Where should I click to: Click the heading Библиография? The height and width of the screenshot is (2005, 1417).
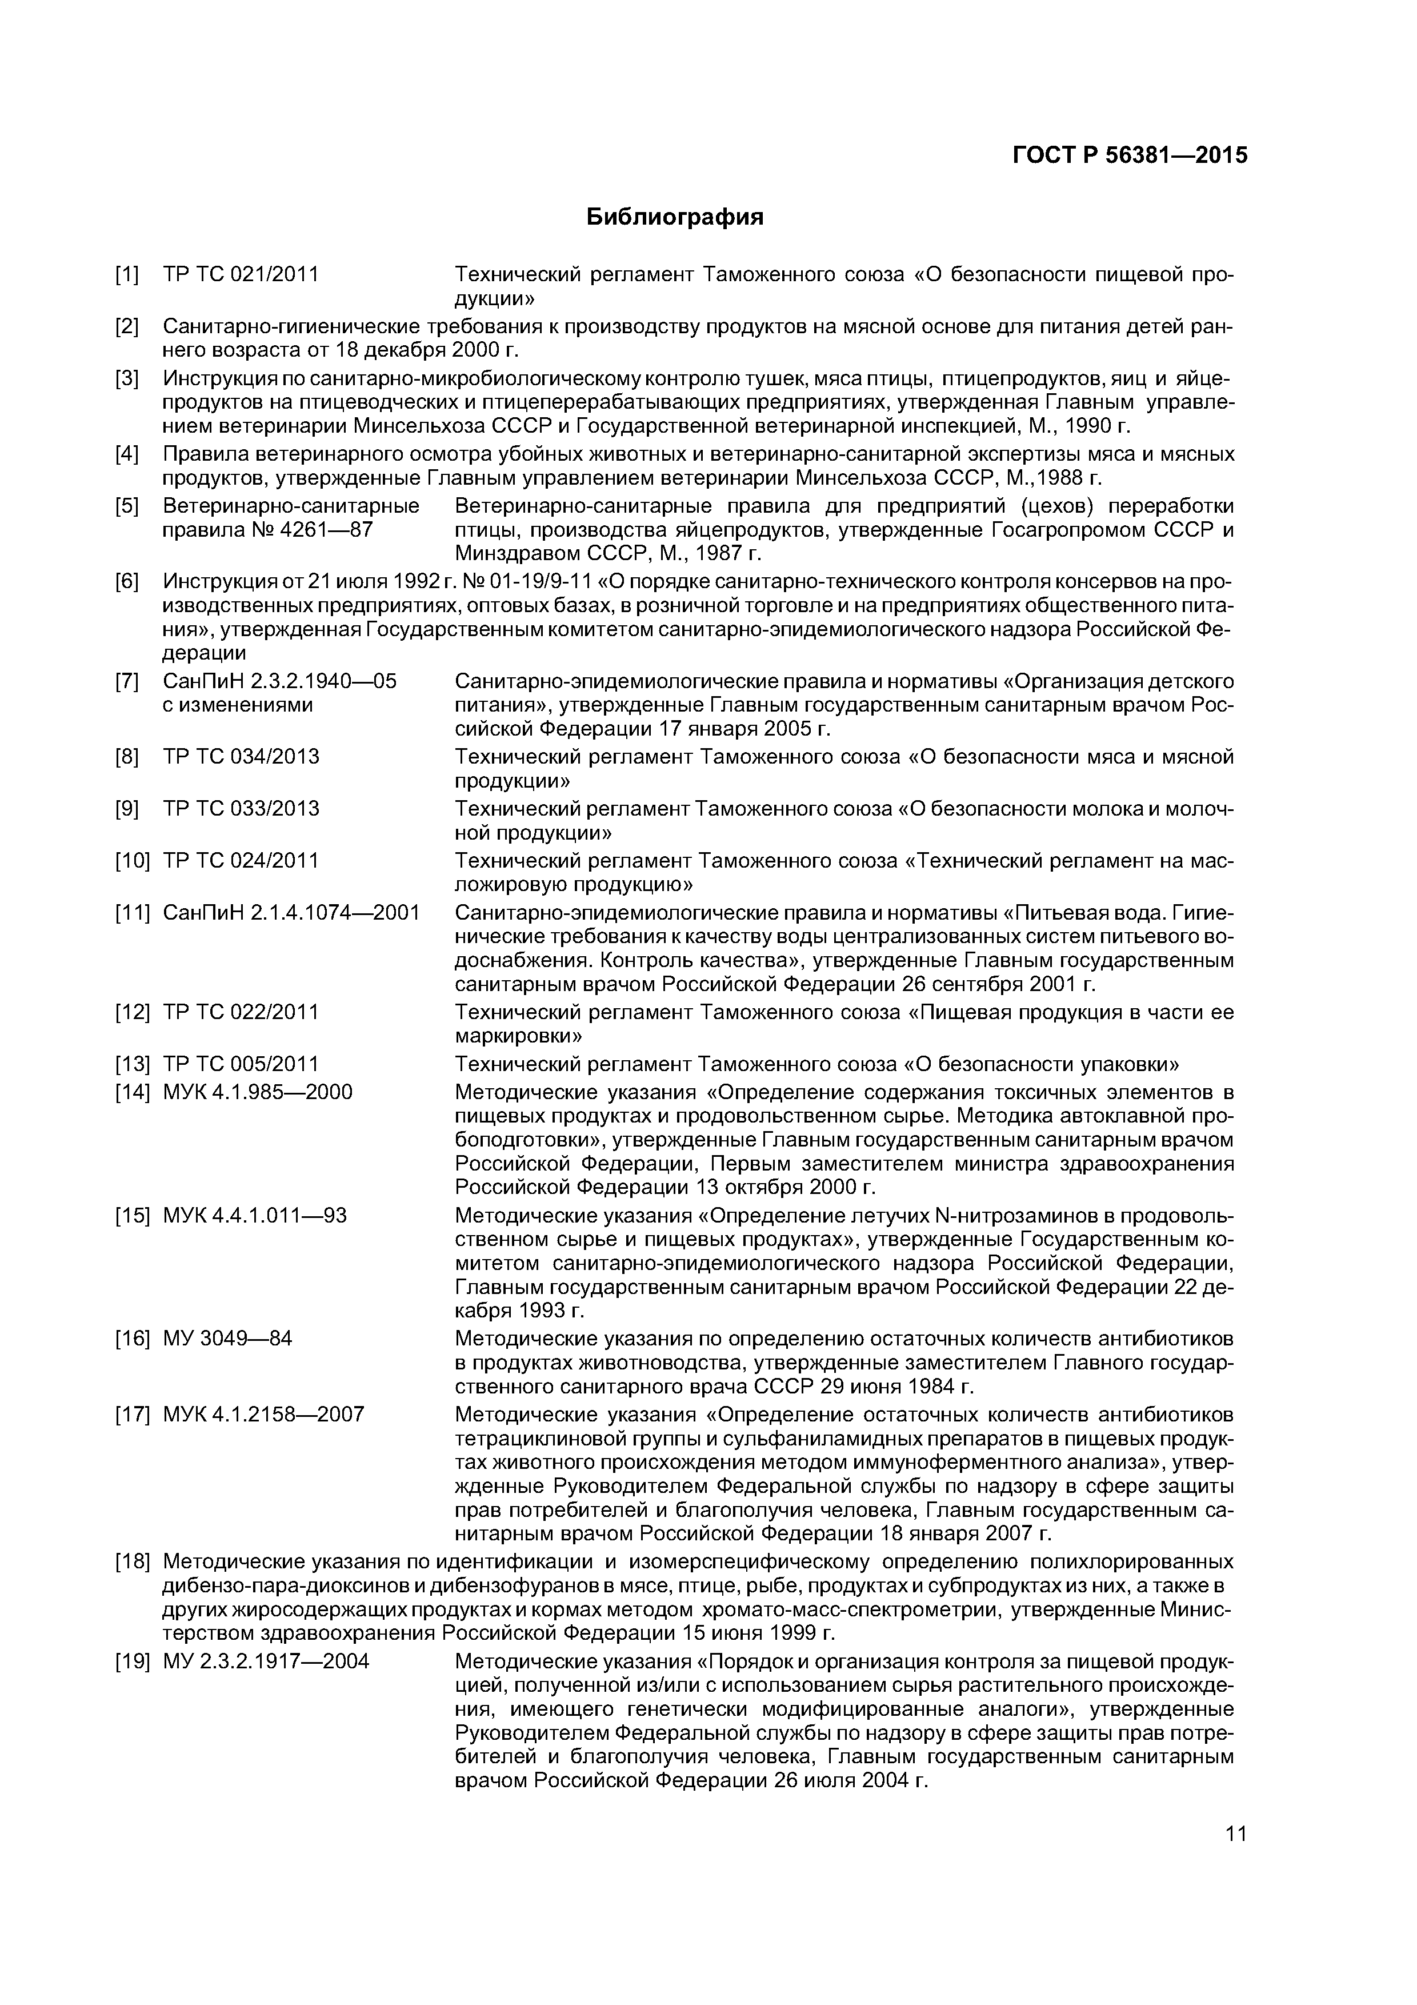pos(674,217)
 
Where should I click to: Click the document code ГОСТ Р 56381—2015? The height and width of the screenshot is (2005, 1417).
pos(1130,155)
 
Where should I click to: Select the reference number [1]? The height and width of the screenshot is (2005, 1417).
pos(127,275)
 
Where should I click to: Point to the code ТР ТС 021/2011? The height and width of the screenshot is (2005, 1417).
pos(241,275)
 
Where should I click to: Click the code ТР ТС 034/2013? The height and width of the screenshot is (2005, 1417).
pos(241,756)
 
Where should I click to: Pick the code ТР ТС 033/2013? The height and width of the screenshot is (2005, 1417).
pos(241,809)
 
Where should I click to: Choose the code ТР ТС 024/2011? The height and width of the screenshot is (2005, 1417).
pos(241,861)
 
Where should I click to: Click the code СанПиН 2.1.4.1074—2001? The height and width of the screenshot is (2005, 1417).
pos(291,913)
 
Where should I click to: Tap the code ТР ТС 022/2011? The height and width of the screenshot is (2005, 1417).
pos(241,1012)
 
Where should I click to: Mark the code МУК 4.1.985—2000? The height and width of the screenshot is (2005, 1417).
pos(258,1092)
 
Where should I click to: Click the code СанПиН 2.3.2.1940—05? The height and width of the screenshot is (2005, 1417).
pos(279,681)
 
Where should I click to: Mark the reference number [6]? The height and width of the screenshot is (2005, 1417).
pos(127,582)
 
